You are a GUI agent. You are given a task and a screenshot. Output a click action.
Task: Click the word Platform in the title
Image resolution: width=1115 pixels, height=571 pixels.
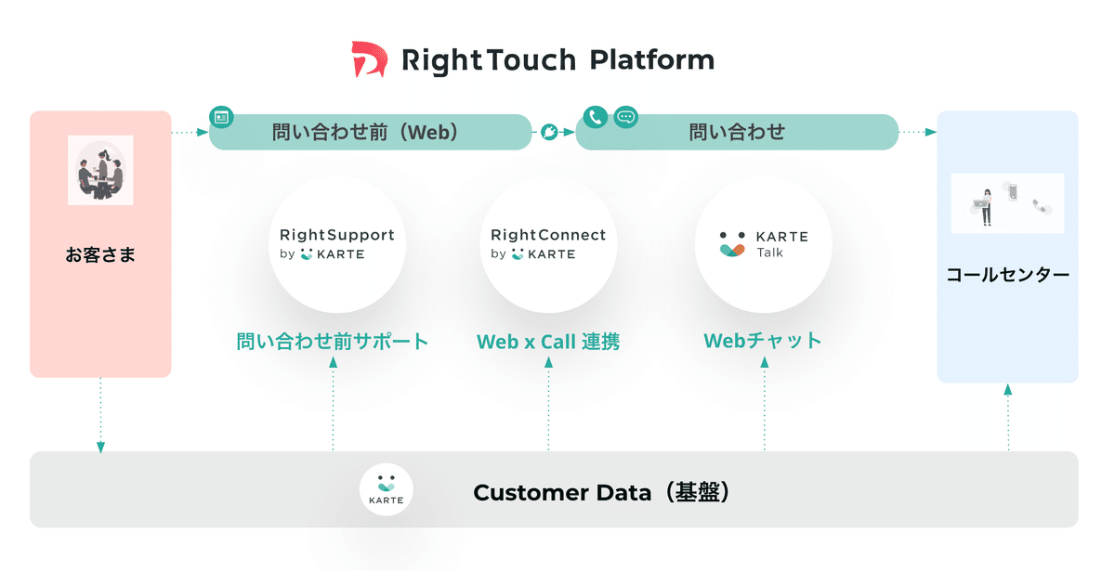[x=652, y=61]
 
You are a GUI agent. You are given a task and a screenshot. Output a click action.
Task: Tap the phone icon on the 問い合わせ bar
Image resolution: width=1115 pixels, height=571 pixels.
[x=596, y=117]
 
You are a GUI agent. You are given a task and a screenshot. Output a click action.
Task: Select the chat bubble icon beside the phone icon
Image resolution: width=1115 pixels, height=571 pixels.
[x=626, y=117]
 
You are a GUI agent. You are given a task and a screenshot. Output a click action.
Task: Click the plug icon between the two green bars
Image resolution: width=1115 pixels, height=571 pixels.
[x=550, y=133]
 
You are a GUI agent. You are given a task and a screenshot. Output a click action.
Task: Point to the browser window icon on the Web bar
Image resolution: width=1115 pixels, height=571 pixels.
[x=222, y=117]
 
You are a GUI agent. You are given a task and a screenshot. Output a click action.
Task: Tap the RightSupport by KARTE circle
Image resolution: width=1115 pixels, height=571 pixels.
[x=336, y=244]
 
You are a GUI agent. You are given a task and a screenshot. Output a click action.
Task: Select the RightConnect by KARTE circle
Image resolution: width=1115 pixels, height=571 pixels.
[x=547, y=244]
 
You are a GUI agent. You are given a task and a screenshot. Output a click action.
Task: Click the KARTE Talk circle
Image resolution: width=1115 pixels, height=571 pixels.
[x=763, y=244]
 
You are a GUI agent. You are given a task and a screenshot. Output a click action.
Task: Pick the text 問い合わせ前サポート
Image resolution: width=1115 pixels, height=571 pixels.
[x=333, y=342]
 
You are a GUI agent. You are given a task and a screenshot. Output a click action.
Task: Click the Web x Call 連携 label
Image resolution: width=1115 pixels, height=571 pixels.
[x=547, y=342]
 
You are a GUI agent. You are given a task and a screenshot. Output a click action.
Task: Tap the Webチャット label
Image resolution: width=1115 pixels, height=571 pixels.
[x=763, y=341]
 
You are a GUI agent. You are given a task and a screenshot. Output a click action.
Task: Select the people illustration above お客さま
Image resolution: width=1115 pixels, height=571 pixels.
[x=100, y=170]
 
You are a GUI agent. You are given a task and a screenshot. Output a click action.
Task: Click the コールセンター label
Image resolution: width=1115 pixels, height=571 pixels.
[x=1007, y=275]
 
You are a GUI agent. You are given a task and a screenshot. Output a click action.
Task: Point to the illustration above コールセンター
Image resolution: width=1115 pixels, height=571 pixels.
[x=1007, y=202]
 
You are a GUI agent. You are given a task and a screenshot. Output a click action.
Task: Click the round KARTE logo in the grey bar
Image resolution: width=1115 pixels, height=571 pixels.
[x=386, y=488]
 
